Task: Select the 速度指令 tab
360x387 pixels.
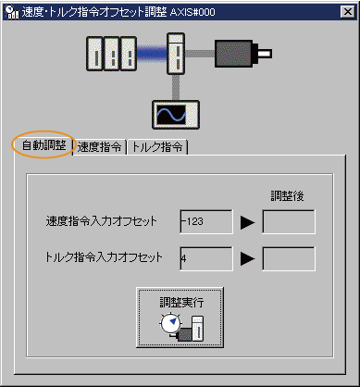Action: (x=101, y=146)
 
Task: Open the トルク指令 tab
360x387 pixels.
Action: (x=157, y=146)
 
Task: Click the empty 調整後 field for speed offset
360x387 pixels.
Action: (x=288, y=222)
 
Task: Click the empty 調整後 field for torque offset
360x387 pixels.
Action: (x=288, y=258)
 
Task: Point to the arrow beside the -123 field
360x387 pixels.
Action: (x=247, y=222)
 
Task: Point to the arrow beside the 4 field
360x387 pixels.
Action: (x=247, y=258)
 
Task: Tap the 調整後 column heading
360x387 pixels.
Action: (x=287, y=195)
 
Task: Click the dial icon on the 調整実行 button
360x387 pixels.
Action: (x=168, y=325)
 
